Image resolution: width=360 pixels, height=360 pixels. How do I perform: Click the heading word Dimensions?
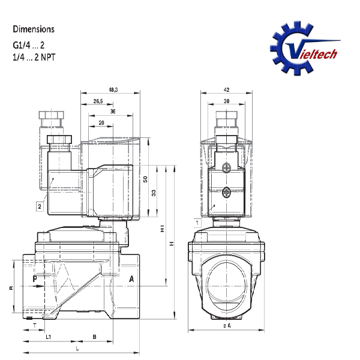[x=34, y=29]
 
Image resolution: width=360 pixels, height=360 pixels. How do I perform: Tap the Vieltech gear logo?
[x=304, y=49]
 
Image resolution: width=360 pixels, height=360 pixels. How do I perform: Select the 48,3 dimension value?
[x=113, y=90]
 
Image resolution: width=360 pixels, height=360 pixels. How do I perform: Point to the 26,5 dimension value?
[x=98, y=101]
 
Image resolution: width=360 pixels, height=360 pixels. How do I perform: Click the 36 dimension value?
[x=113, y=112]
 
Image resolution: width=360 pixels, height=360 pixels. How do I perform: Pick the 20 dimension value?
[x=101, y=123]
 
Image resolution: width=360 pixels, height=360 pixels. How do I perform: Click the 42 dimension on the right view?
[x=226, y=90]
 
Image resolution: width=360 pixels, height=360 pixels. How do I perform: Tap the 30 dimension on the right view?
[x=226, y=101]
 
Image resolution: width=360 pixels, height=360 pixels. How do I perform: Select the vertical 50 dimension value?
[x=145, y=179]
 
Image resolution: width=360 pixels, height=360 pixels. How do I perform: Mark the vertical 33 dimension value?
[x=154, y=193]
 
